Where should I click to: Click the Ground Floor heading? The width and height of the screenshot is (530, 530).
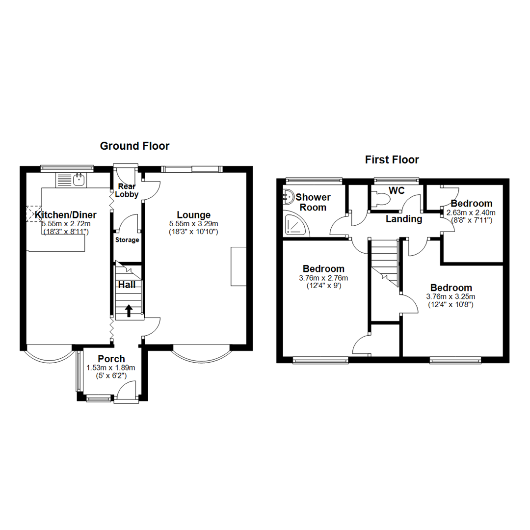[134, 146]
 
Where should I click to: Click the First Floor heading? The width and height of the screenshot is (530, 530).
[392, 159]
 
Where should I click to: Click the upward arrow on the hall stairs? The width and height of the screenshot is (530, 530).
[129, 310]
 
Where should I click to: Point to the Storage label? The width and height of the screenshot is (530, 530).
[127, 240]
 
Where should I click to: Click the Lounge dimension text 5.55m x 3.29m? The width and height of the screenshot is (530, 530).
[193, 223]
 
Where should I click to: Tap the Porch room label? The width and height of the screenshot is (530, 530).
[111, 359]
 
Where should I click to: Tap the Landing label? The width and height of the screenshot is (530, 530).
[404, 219]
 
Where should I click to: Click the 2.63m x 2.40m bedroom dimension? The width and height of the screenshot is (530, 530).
[471, 212]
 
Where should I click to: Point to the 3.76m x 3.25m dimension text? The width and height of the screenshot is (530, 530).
[450, 296]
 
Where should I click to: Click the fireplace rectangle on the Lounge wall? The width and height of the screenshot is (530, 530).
[238, 266]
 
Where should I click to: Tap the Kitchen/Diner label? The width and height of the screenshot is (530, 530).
[65, 214]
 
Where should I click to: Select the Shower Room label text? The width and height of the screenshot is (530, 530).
[313, 202]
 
